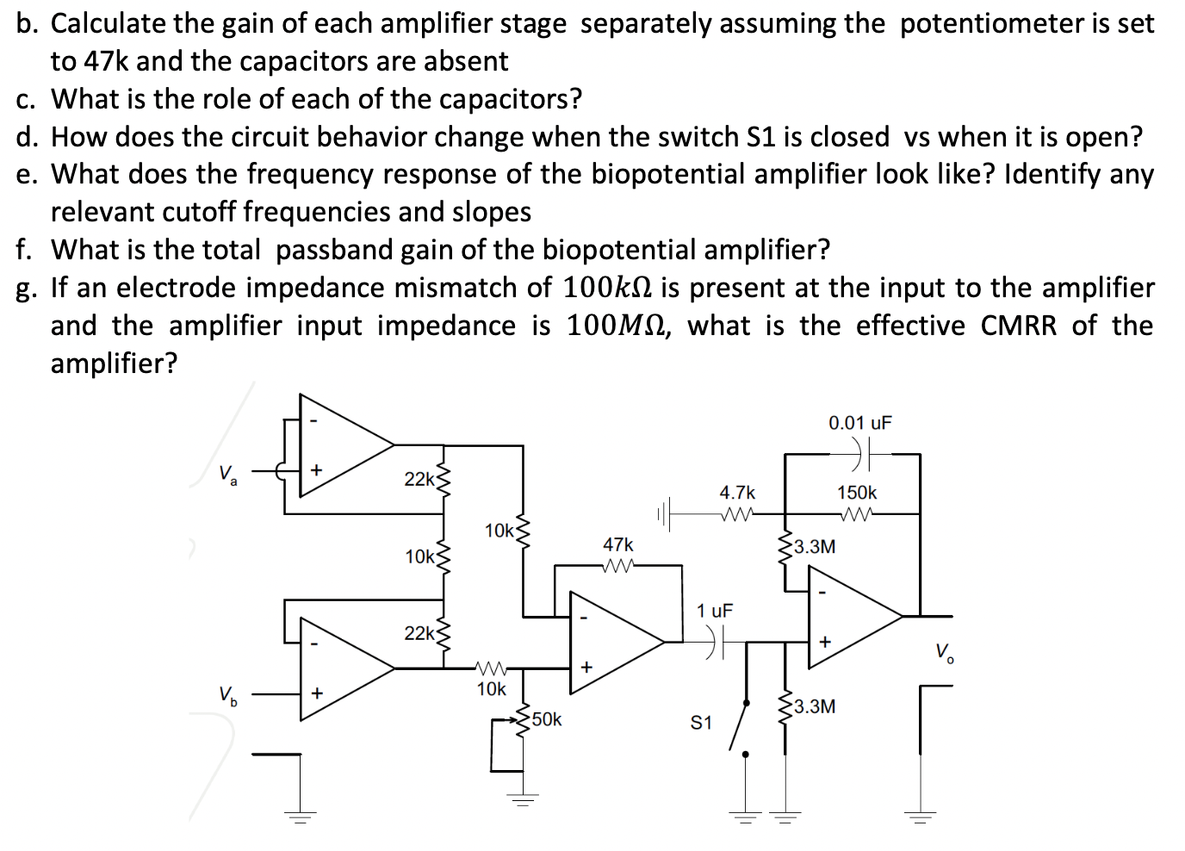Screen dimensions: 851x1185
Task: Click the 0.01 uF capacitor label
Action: pyautogui.click(x=859, y=423)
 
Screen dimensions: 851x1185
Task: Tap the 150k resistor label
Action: pyautogui.click(x=857, y=493)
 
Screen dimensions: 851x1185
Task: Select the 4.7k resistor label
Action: pyautogui.click(x=737, y=493)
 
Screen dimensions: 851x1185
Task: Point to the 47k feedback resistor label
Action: pyautogui.click(x=617, y=545)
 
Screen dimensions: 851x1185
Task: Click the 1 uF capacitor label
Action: pyautogui.click(x=715, y=611)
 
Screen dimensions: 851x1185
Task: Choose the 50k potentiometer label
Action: pyautogui.click(x=547, y=719)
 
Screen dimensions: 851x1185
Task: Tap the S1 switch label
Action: pyautogui.click(x=702, y=724)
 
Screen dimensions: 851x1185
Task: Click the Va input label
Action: pyautogui.click(x=228, y=473)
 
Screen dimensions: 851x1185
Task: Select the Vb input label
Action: pyautogui.click(x=228, y=694)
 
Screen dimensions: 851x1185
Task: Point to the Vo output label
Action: pyautogui.click(x=944, y=650)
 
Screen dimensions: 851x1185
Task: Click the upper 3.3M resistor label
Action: pyautogui.click(x=814, y=546)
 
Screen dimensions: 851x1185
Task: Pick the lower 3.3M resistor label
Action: pyautogui.click(x=814, y=707)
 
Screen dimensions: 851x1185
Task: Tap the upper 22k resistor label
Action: pyautogui.click(x=419, y=479)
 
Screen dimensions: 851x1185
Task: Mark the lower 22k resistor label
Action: pyautogui.click(x=419, y=633)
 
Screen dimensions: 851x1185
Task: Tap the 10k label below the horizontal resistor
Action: pyautogui.click(x=492, y=689)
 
